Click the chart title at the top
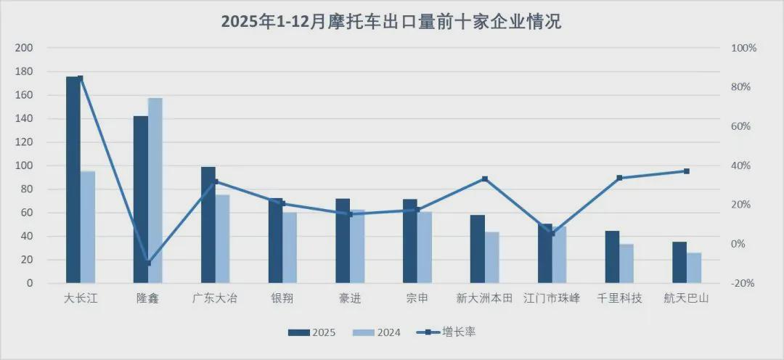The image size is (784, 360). click(391, 22)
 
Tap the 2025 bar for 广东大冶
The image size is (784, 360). click(208, 225)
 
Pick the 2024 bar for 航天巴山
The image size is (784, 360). click(694, 268)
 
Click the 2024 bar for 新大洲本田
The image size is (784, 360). click(491, 258)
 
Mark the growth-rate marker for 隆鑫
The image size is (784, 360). click(148, 263)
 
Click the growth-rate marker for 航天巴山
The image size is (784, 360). click(687, 171)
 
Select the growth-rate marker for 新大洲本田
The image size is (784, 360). click(485, 179)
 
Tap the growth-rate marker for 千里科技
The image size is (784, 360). click(619, 178)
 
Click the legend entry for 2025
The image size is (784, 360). click(312, 332)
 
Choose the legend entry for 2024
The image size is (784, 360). click(377, 332)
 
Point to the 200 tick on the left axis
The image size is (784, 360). click(24, 48)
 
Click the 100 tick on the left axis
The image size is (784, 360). click(24, 165)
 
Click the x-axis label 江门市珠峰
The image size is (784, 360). click(552, 298)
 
